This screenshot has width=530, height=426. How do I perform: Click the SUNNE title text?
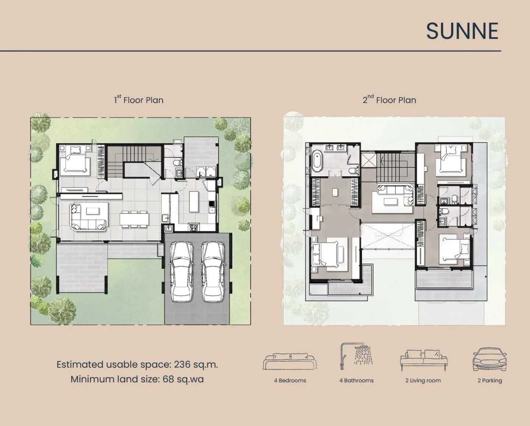click(462, 31)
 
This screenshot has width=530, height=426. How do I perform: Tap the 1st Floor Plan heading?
click(139, 100)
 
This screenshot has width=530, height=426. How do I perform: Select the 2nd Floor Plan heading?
click(389, 100)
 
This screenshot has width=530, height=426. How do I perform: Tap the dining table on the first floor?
click(134, 219)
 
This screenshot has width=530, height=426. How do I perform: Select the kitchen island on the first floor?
click(194, 202)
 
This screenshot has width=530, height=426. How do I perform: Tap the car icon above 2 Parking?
click(490, 359)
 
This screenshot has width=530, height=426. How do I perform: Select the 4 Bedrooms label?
click(290, 380)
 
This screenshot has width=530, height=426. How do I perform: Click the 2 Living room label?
click(423, 380)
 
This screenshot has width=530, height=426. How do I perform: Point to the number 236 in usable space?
click(182, 365)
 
